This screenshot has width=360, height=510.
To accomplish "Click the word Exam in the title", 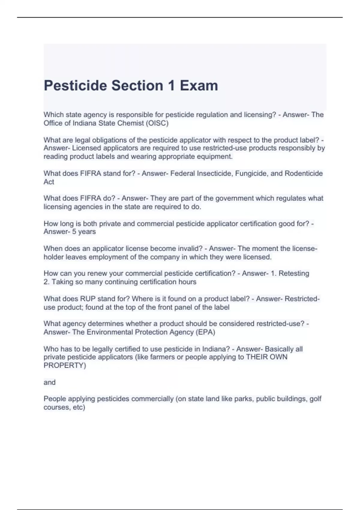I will pos(199,86).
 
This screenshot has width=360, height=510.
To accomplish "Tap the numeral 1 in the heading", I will pos(171,86).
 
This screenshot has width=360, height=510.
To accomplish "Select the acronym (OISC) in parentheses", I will pos(157,123).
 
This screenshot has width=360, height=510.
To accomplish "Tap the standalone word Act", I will pos(49,182).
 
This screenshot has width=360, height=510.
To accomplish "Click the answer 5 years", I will pos(84,232).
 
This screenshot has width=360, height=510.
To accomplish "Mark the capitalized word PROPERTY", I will pos(64,365).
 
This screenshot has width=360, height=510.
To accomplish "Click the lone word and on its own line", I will pos(49,382).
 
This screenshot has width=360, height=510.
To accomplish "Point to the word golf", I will pos(315,399).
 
